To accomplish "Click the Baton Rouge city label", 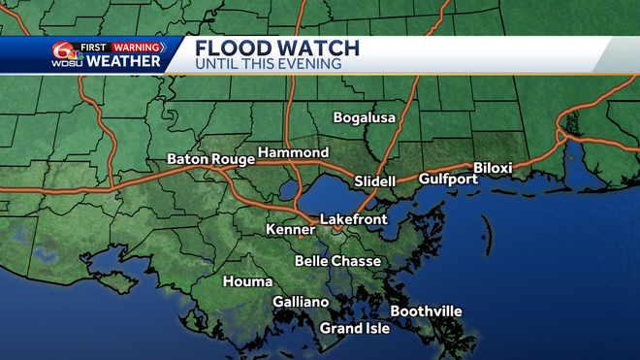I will pos(210,158).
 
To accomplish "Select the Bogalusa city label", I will pos(364,117).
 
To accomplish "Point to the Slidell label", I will pos(375,181).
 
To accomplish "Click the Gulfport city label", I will pos(448,179).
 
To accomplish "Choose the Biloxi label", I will pos(492,168).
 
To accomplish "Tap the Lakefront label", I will pos(353,219).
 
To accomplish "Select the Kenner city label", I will pos(291,230).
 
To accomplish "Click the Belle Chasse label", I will pos(337,261).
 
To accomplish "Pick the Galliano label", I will pos(301,302).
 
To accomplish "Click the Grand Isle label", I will pos(355,328).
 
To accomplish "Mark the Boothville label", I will pos(426,311).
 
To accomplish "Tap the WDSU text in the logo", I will pos(66,64).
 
